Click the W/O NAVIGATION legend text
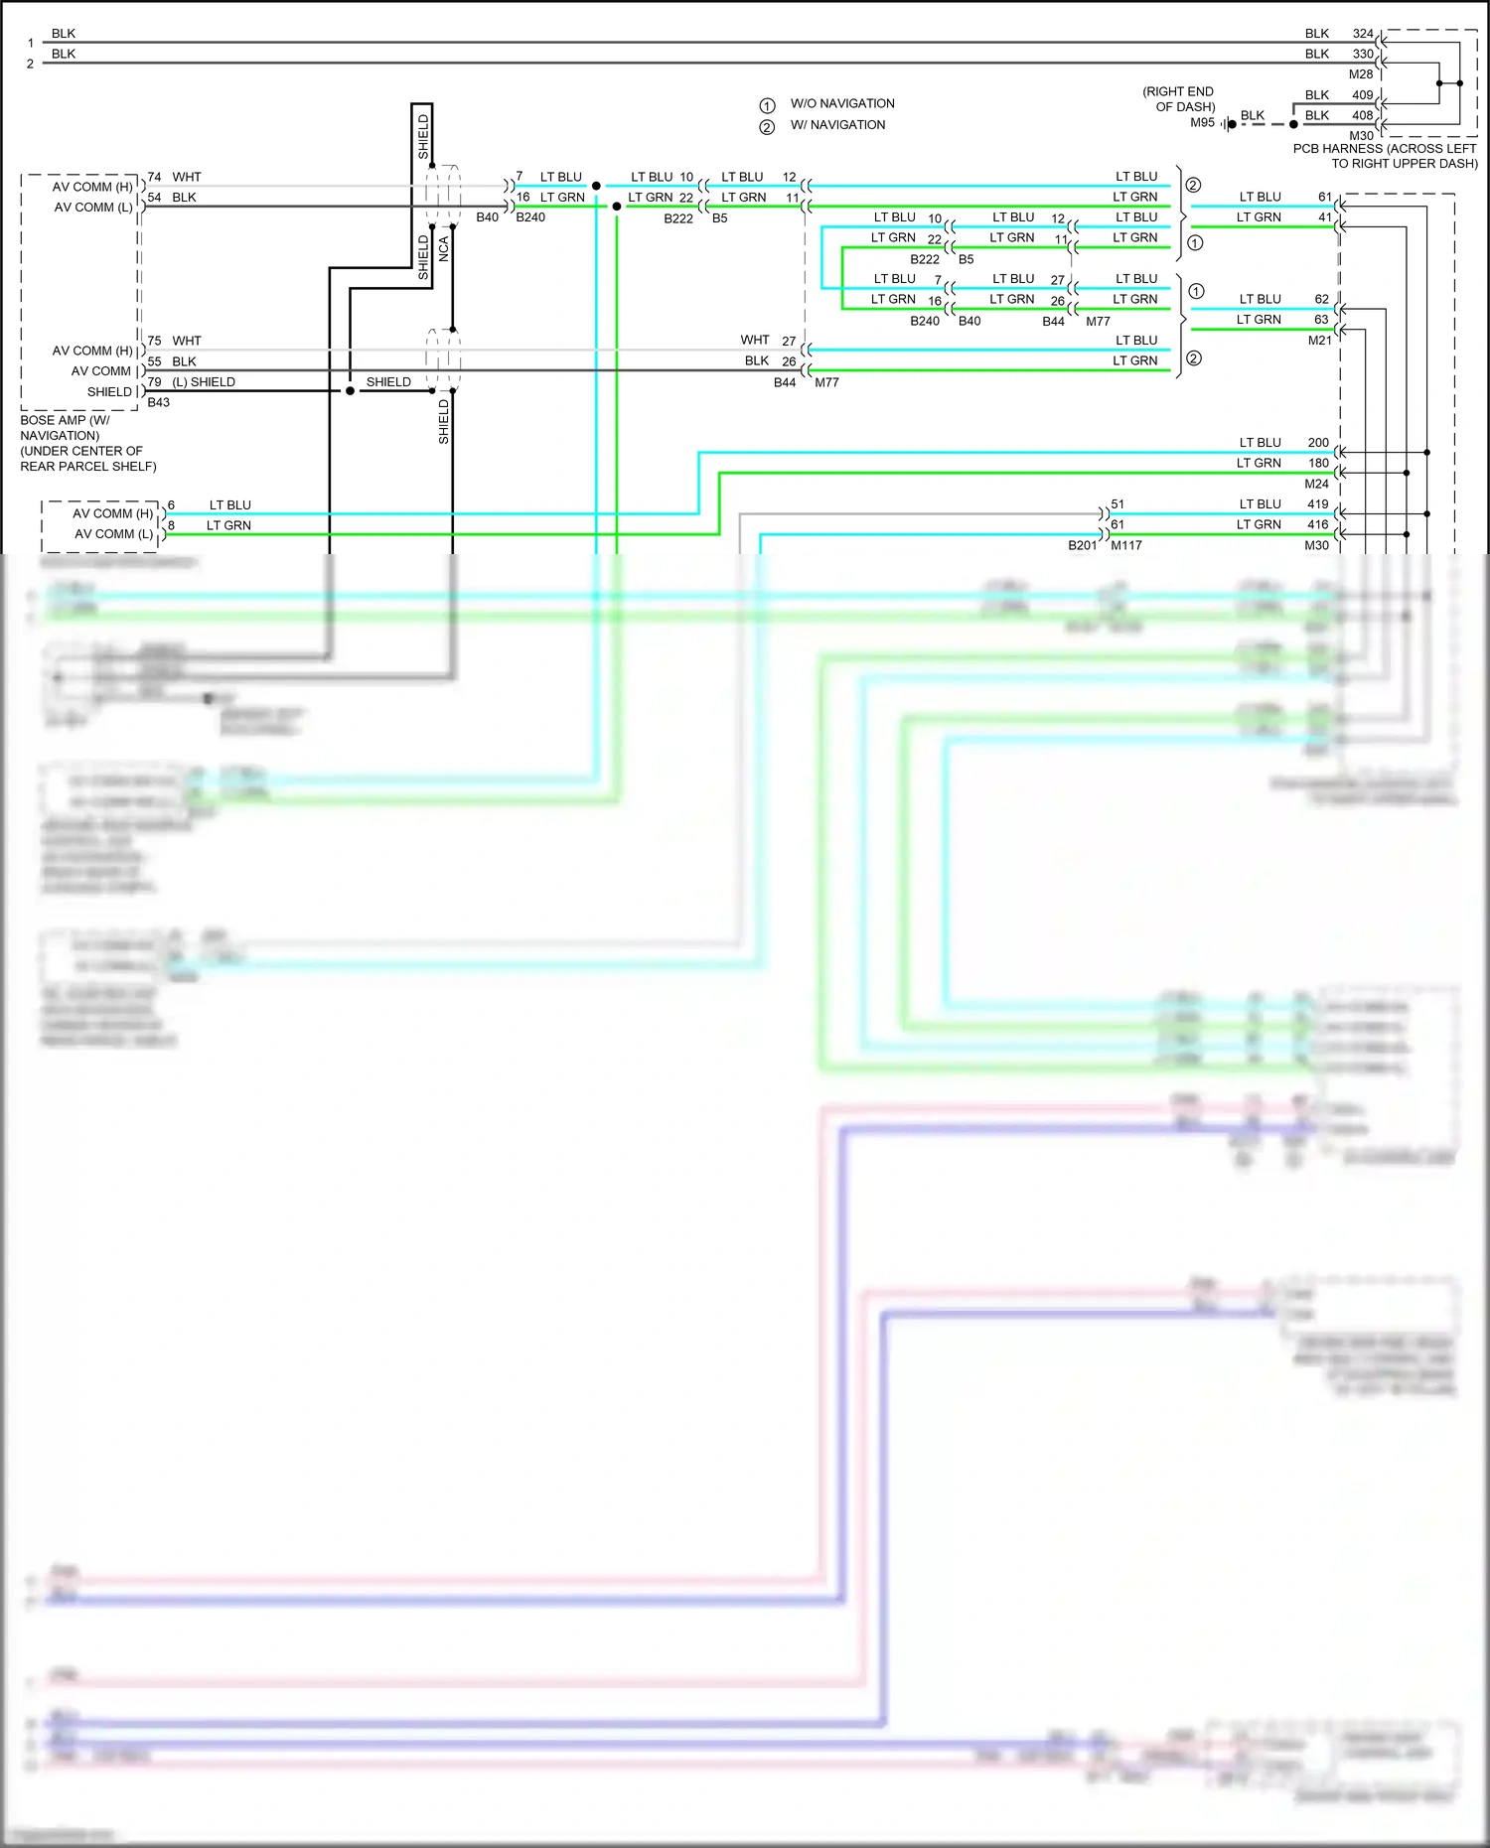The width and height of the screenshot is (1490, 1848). coord(841,103)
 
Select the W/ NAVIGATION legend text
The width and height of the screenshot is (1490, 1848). coord(837,125)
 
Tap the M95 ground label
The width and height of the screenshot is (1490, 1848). coord(1202,123)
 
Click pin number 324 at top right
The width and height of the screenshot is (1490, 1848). coord(1363,34)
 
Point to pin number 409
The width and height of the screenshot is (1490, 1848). coord(1363,95)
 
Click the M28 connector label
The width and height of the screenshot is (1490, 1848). coord(1360,74)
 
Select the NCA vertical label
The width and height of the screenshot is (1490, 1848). coord(444,248)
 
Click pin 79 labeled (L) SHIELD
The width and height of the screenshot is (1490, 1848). coord(155,382)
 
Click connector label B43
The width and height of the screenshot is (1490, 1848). coord(159,402)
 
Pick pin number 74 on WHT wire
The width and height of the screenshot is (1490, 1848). coord(155,178)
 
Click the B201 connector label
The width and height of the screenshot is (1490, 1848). coord(1082,545)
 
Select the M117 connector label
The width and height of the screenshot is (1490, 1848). coord(1125,545)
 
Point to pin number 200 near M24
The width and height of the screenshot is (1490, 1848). coord(1318,443)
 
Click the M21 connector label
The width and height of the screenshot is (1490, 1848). coord(1319,341)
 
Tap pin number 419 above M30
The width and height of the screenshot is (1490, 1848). coord(1317,504)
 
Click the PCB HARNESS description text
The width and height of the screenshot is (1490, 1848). coord(1385,156)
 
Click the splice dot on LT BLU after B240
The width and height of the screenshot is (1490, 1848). coord(596,186)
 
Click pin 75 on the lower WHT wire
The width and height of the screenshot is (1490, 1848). coord(155,341)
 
